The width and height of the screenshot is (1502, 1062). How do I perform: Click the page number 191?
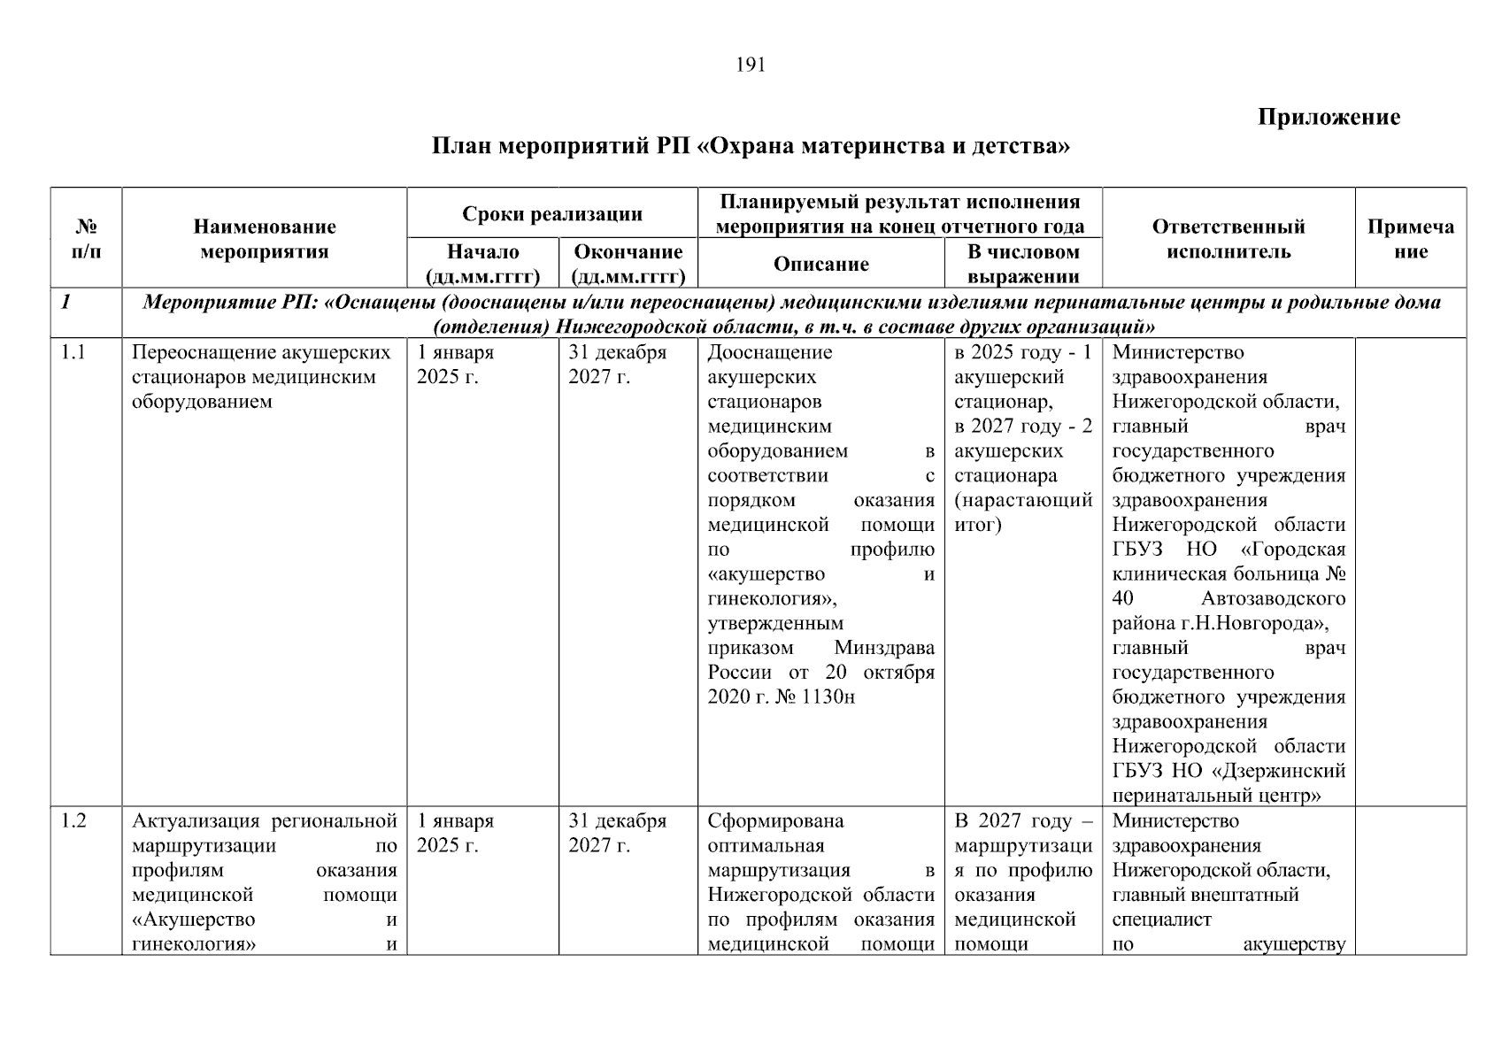(751, 65)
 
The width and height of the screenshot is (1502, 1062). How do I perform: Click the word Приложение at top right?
(1329, 118)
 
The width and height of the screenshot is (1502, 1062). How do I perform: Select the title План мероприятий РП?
(751, 146)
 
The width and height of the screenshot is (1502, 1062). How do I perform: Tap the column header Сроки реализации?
(551, 214)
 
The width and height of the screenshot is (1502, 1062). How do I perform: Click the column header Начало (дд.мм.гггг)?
(482, 264)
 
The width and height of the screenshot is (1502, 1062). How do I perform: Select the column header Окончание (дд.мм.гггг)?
(628, 264)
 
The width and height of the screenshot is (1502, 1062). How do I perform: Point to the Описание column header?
(820, 264)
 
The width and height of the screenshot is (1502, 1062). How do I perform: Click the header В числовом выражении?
(1023, 264)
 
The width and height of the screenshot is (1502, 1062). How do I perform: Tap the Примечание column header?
(1410, 239)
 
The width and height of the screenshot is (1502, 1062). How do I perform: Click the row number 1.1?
(73, 353)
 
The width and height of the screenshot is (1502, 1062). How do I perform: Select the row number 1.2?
(73, 821)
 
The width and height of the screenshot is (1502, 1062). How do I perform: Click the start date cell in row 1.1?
(455, 365)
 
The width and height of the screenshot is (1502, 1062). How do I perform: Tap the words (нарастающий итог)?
(1023, 512)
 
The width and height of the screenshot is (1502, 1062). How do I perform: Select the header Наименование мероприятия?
(264, 239)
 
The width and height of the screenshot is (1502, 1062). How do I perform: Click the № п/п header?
(86, 239)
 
